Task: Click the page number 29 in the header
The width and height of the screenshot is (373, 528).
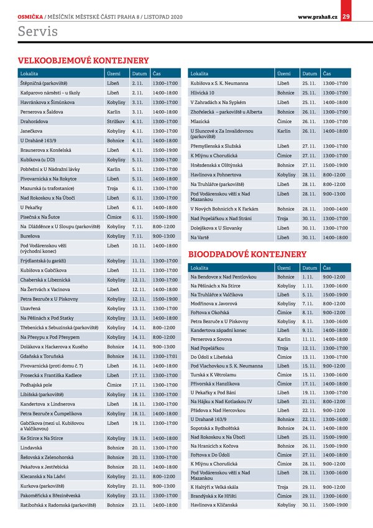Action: tap(346, 16)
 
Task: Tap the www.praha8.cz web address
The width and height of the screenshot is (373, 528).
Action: tap(317, 16)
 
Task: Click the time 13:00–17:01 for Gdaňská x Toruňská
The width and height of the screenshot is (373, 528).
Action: tap(165, 357)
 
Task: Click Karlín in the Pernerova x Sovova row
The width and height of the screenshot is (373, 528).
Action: tap(284, 339)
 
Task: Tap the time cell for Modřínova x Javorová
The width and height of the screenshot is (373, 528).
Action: tap(334, 303)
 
